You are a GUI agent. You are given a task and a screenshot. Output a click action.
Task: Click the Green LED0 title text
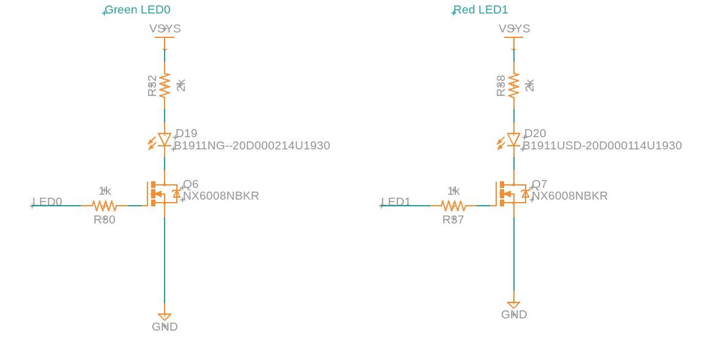138,10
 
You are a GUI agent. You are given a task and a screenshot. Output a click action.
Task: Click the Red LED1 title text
481,10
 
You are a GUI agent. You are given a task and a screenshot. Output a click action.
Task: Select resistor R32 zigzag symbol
165,85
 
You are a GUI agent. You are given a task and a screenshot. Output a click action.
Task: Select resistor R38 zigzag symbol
513,85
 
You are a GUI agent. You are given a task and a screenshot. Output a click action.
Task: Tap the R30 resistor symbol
105,206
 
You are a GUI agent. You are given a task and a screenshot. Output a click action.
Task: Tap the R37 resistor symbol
453,206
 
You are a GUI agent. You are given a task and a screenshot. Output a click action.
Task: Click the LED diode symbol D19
164,140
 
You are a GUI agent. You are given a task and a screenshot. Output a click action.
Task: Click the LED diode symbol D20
513,140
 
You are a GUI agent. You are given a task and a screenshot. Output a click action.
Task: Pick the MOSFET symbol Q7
510,193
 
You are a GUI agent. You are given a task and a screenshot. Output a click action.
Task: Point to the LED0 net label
47,202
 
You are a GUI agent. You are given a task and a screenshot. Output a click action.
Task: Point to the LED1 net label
396,202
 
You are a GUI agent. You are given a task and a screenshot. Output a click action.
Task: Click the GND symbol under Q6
165,317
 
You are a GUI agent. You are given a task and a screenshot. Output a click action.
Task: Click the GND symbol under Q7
513,305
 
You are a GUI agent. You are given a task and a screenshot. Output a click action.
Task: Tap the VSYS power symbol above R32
165,37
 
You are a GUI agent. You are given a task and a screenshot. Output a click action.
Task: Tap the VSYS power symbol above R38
513,37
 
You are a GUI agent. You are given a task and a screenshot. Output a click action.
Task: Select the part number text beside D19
252,146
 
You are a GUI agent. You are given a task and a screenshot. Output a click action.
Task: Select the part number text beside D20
602,146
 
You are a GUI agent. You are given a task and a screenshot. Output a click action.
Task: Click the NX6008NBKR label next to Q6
221,196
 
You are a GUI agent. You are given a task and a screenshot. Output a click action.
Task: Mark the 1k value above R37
453,191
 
